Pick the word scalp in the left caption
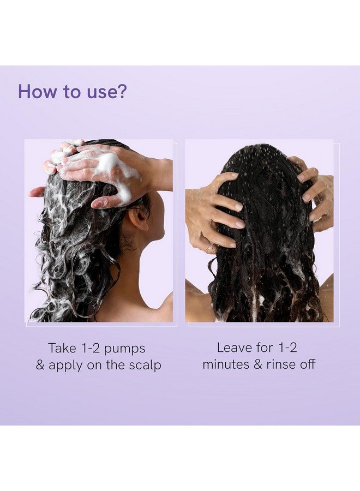[x=145, y=366]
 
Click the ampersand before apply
[x=40, y=365]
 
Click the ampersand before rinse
[x=258, y=364]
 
